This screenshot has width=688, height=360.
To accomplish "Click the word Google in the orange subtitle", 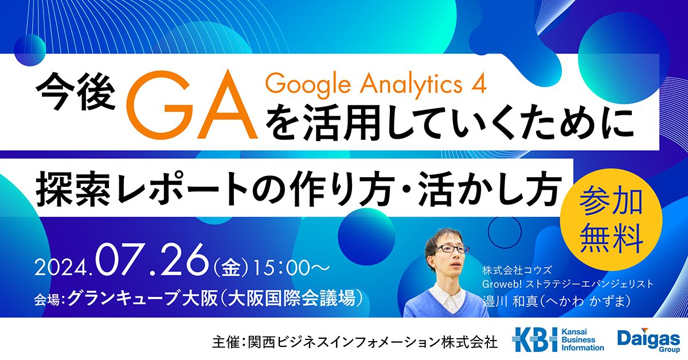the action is click(x=307, y=85).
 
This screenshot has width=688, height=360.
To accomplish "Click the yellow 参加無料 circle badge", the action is click(x=611, y=220).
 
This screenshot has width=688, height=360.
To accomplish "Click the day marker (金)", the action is click(x=231, y=268).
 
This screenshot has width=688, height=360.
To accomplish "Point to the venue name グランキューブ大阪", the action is click(x=143, y=298).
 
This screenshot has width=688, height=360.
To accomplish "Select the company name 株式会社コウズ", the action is click(x=517, y=271).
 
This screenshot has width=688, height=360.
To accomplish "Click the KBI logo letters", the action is click(x=535, y=339).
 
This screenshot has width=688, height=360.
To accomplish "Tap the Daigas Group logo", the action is click(x=648, y=340).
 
